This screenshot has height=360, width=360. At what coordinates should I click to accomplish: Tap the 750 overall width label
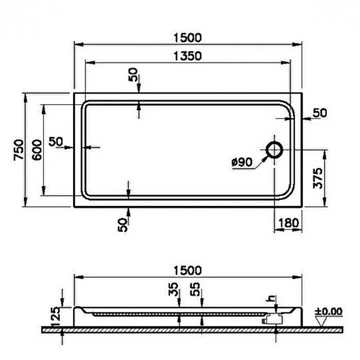pos(19,150)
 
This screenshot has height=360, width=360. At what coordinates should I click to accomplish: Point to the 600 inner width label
pos(37,150)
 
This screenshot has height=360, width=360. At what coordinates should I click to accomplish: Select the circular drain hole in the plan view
pos(274,150)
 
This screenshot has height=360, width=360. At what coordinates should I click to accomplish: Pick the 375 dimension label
pos(318,178)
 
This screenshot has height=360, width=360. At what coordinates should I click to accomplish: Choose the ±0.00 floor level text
pos(328,311)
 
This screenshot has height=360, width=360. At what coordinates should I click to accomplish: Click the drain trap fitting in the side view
pos(271,318)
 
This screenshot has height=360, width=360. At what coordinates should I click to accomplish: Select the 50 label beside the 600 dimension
pos(56,141)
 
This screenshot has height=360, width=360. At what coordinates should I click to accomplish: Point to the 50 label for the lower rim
pos(122,224)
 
